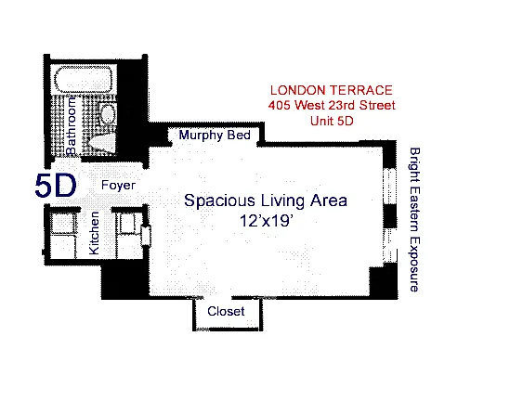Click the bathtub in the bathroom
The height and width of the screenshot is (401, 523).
pos(83,79)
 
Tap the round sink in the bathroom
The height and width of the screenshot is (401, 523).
pos(108,114)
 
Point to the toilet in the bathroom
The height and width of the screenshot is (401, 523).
pos(102,143)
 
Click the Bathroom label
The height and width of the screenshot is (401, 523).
pos(71,125)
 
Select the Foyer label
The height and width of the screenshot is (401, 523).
pos(118,185)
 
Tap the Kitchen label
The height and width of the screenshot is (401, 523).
pos(94,233)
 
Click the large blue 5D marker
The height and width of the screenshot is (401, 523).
pos(56,186)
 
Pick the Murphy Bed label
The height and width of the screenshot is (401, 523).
pos(215,135)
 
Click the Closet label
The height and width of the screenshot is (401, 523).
pos(226,311)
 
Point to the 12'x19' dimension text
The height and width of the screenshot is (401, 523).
pos(267,220)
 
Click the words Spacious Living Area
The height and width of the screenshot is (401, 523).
pos(266,200)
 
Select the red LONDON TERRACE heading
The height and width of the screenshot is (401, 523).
pos(332,90)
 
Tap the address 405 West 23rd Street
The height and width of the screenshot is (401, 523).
pos(332,105)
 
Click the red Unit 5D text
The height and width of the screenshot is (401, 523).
pos(332,121)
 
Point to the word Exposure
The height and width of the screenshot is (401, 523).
pos(414,265)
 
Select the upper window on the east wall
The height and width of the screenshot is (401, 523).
pos(389,186)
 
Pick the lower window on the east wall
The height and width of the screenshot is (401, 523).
pos(389,246)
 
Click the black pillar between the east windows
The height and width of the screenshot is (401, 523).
pos(389,216)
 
